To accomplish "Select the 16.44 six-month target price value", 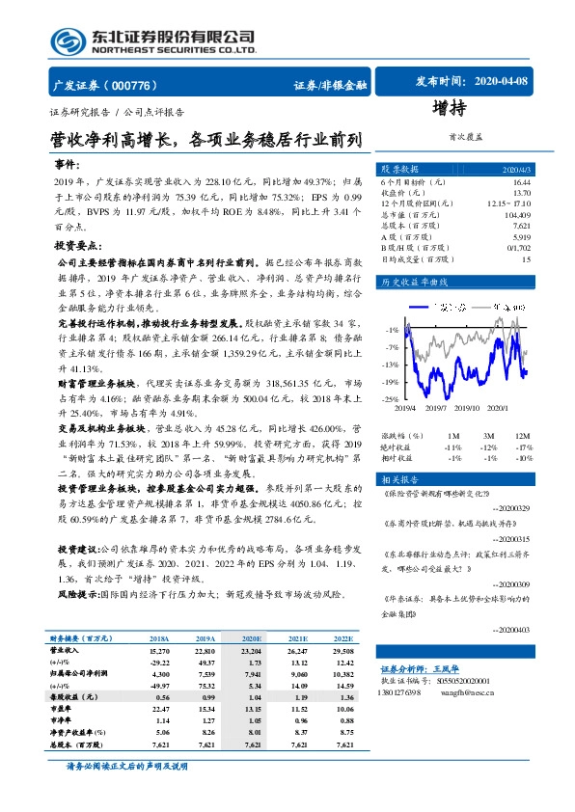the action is tap(522, 181).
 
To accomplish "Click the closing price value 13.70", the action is tap(522, 193).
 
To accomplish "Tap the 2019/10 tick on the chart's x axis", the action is tap(467, 408).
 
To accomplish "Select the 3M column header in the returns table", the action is tap(488, 437).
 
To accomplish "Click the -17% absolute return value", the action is tap(524, 447).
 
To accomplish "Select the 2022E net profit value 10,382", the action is tap(343, 674).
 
